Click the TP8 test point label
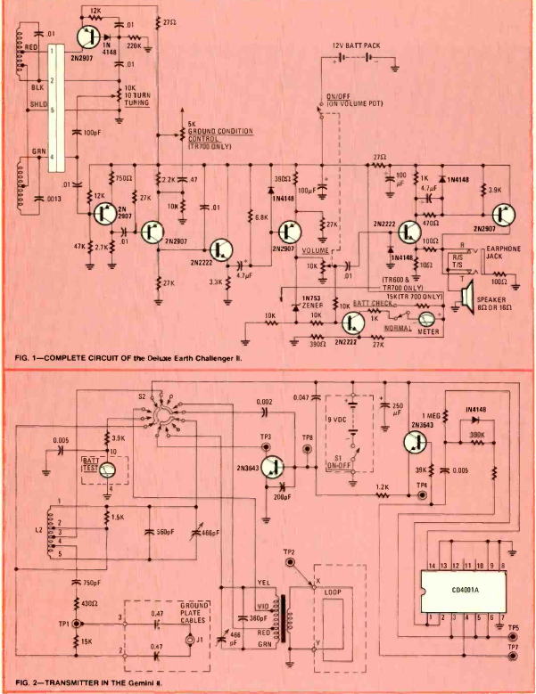coord(309,437)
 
